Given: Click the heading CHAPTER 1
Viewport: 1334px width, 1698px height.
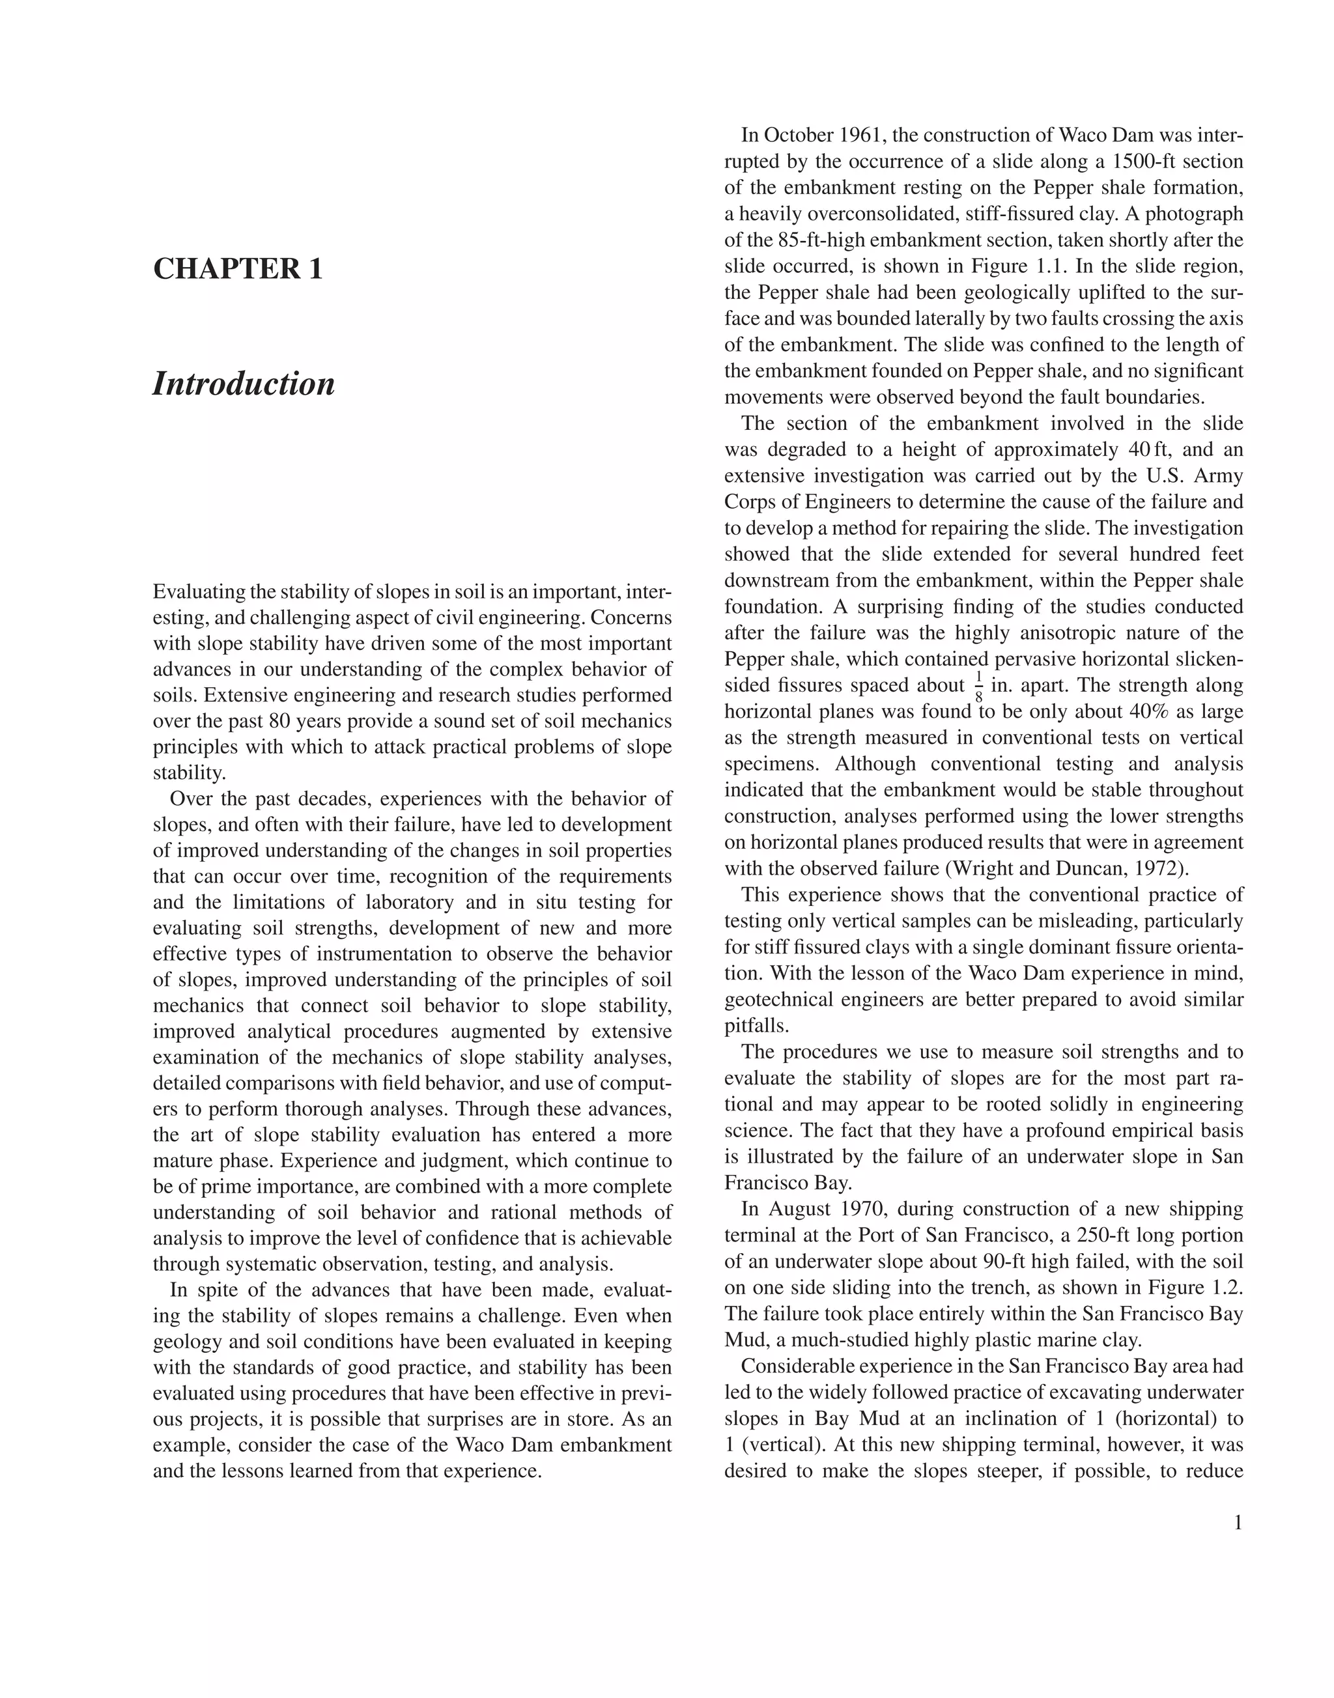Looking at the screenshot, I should tap(238, 269).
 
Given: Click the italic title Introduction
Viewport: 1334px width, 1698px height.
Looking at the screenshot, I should tap(244, 384).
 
